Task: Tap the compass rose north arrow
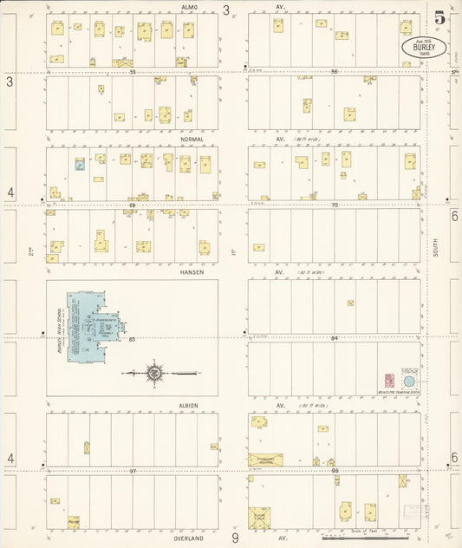[154, 374]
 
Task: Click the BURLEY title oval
[424, 47]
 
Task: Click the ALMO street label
[190, 7]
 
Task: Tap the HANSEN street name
[190, 271]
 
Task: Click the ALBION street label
[190, 405]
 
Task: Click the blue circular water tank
[409, 381]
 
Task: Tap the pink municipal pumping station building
[389, 380]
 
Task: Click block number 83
[133, 338]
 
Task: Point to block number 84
[334, 338]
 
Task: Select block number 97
[133, 471]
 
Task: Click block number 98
[334, 471]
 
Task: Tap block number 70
[334, 205]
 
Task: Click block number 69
[133, 205]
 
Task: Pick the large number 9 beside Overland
[234, 538]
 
